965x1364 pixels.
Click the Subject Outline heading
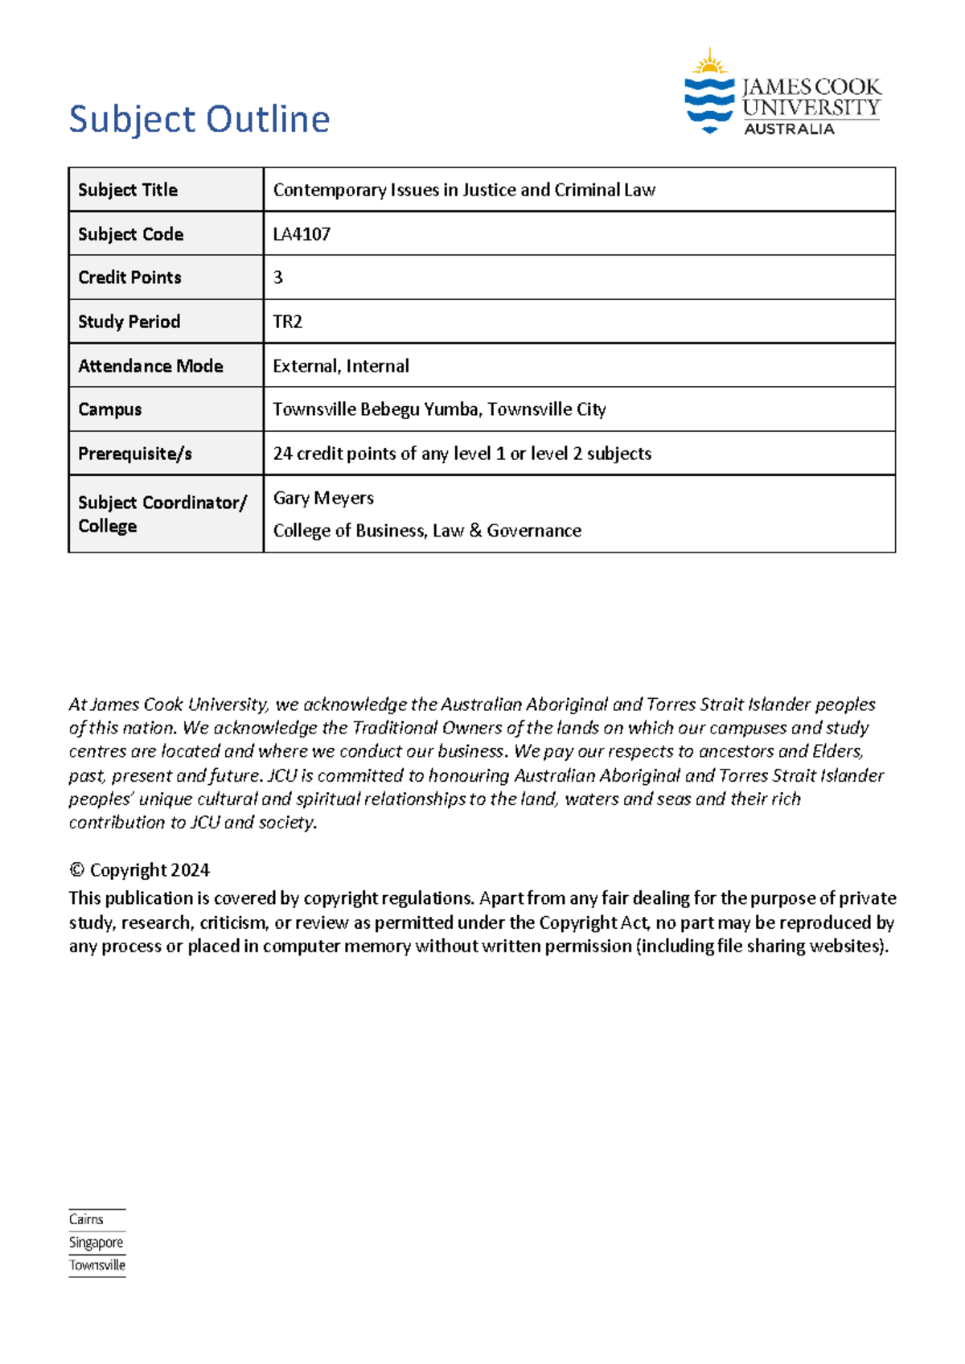199,119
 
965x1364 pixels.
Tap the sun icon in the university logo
709,63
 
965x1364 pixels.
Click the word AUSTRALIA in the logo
788,129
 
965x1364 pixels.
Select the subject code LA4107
302,234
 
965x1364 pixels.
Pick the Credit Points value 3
278,277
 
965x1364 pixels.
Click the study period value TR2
287,322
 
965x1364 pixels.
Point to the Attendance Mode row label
150,366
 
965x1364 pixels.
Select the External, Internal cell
341,366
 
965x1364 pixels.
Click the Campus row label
110,409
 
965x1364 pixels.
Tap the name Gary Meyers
323,498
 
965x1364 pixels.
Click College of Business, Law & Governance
427,531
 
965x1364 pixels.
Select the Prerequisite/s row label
135,454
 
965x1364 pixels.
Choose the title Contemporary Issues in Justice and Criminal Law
464,190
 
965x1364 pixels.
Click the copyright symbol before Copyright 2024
76,870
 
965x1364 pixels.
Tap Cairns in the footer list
86,1219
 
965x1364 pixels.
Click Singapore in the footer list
96,1243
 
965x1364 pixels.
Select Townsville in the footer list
97,1265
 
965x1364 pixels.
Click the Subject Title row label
128,190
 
